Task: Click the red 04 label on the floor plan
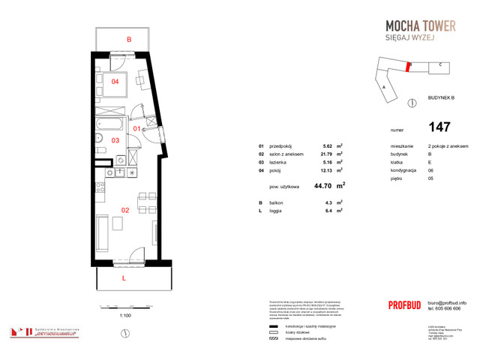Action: [115, 82]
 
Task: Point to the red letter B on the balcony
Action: [129, 39]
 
